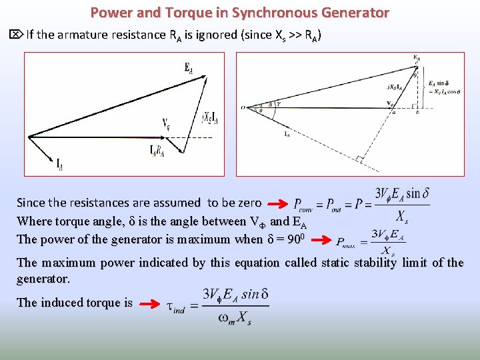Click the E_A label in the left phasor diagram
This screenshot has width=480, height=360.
(x=189, y=67)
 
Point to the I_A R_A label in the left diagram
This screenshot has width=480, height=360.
(x=157, y=151)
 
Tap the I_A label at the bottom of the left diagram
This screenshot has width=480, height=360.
(x=60, y=163)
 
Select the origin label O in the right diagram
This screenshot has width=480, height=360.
(x=243, y=106)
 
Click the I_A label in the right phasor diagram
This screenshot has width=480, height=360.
(x=287, y=135)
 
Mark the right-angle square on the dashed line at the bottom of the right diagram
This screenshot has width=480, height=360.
(x=359, y=159)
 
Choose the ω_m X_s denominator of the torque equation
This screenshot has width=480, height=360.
(x=235, y=319)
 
